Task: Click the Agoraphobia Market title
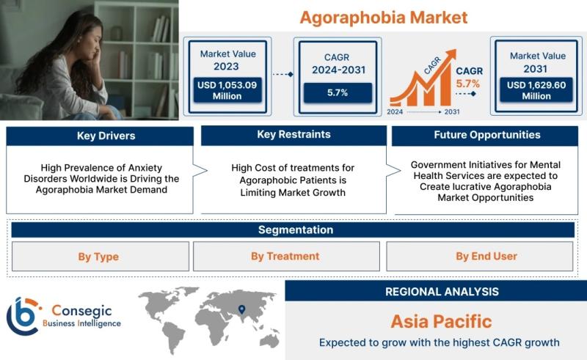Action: [384, 18]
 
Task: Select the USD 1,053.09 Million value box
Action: [227, 90]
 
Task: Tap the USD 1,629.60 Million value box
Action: [536, 90]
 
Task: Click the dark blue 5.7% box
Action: [338, 92]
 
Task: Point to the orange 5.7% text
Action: [468, 84]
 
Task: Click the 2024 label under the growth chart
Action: [395, 111]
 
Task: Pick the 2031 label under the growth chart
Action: [452, 111]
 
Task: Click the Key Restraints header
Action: [294, 135]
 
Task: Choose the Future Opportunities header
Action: [485, 136]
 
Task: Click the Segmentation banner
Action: [293, 229]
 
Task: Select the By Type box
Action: [101, 257]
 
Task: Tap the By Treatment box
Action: [286, 257]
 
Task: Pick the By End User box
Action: [480, 257]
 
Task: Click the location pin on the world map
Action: [242, 309]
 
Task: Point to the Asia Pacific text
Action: [442, 321]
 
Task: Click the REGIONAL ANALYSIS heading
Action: [442, 292]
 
